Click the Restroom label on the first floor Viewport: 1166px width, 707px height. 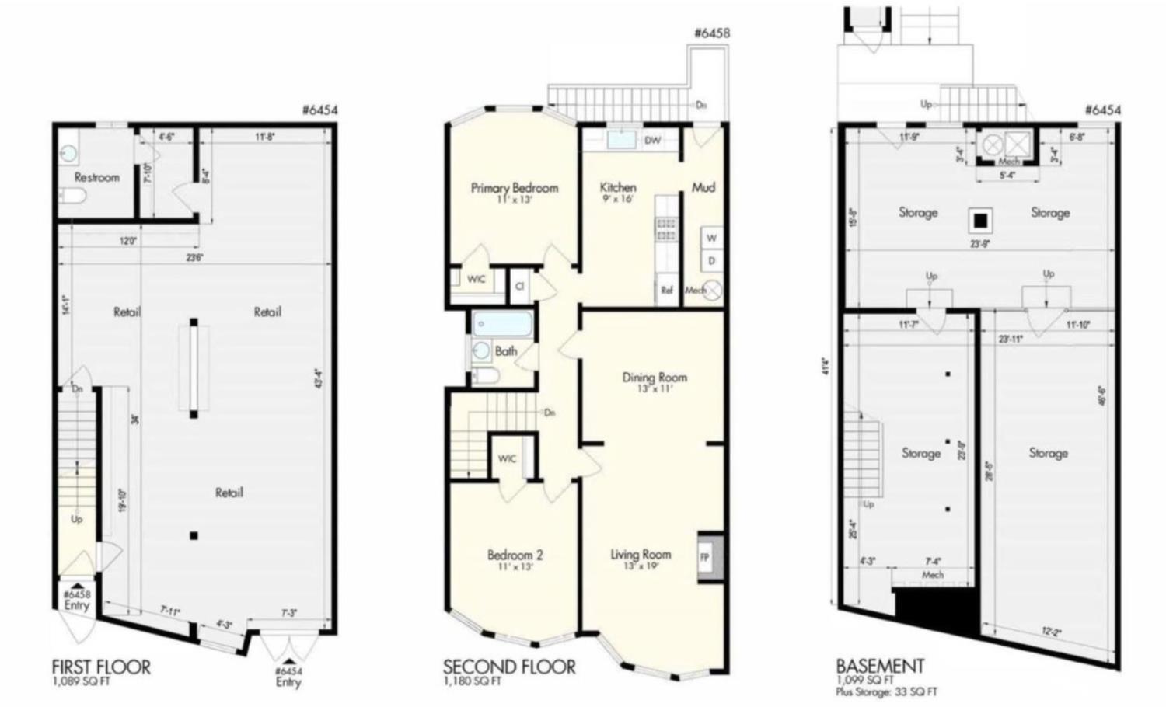click(97, 177)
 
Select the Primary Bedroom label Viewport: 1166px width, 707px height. click(515, 188)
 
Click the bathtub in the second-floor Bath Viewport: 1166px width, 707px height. click(503, 323)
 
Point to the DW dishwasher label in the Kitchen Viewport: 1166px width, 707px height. click(653, 141)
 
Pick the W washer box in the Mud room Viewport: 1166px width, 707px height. click(711, 238)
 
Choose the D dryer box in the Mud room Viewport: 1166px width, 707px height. click(711, 261)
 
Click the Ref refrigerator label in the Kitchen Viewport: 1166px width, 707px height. click(666, 291)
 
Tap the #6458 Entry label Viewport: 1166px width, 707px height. click(76, 600)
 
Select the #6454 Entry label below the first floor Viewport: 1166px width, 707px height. click(288, 677)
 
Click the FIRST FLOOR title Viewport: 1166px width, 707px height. click(101, 667)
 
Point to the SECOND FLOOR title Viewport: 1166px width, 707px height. click(509, 667)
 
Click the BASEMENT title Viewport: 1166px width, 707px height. click(880, 666)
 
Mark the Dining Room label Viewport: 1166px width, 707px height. click(655, 378)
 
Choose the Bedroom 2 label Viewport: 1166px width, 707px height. click(515, 555)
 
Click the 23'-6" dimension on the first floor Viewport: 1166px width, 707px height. click(194, 258)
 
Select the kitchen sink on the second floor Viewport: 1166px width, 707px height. click(620, 139)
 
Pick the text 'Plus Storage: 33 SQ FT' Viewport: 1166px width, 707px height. click(886, 691)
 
